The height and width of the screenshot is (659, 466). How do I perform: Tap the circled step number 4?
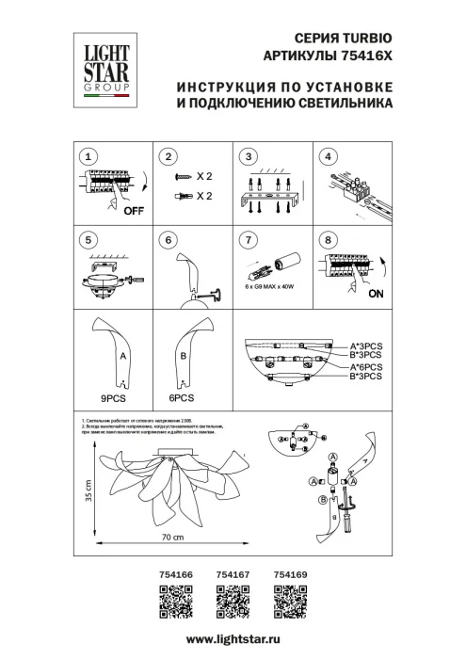pos(329,157)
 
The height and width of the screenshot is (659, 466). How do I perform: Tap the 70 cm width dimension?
pos(170,537)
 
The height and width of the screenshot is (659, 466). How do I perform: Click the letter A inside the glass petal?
pos(123,358)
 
